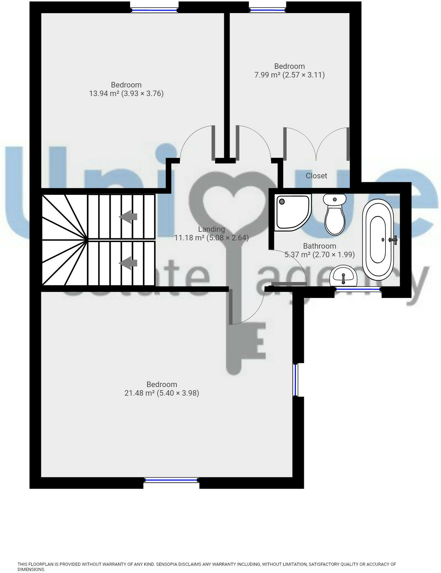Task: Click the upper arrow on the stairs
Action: pyautogui.click(x=128, y=217)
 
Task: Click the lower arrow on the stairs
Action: pyautogui.click(x=128, y=263)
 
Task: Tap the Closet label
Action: pyautogui.click(x=316, y=176)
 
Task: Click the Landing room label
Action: pyautogui.click(x=212, y=229)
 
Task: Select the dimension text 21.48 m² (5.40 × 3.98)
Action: pyautogui.click(x=162, y=393)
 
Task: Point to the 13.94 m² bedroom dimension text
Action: pyautogui.click(x=126, y=94)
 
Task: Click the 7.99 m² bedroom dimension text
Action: pyautogui.click(x=289, y=75)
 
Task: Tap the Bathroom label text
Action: pyautogui.click(x=319, y=246)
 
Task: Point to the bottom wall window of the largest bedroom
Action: pyautogui.click(x=171, y=480)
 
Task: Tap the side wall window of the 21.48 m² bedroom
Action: pyautogui.click(x=296, y=380)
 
